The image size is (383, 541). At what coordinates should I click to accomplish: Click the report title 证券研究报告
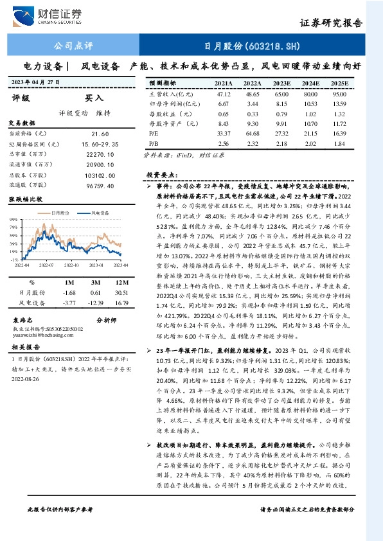coord(332,22)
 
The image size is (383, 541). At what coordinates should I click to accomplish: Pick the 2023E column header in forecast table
coord(281,84)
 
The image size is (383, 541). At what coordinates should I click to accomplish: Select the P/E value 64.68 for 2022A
coord(252,132)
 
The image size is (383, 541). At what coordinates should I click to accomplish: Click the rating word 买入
coord(94,98)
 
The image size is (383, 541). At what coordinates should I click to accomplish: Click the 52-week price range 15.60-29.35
coord(99,145)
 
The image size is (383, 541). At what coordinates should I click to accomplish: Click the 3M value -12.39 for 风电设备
coord(97,301)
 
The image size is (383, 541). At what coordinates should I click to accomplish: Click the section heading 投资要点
coord(161,175)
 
